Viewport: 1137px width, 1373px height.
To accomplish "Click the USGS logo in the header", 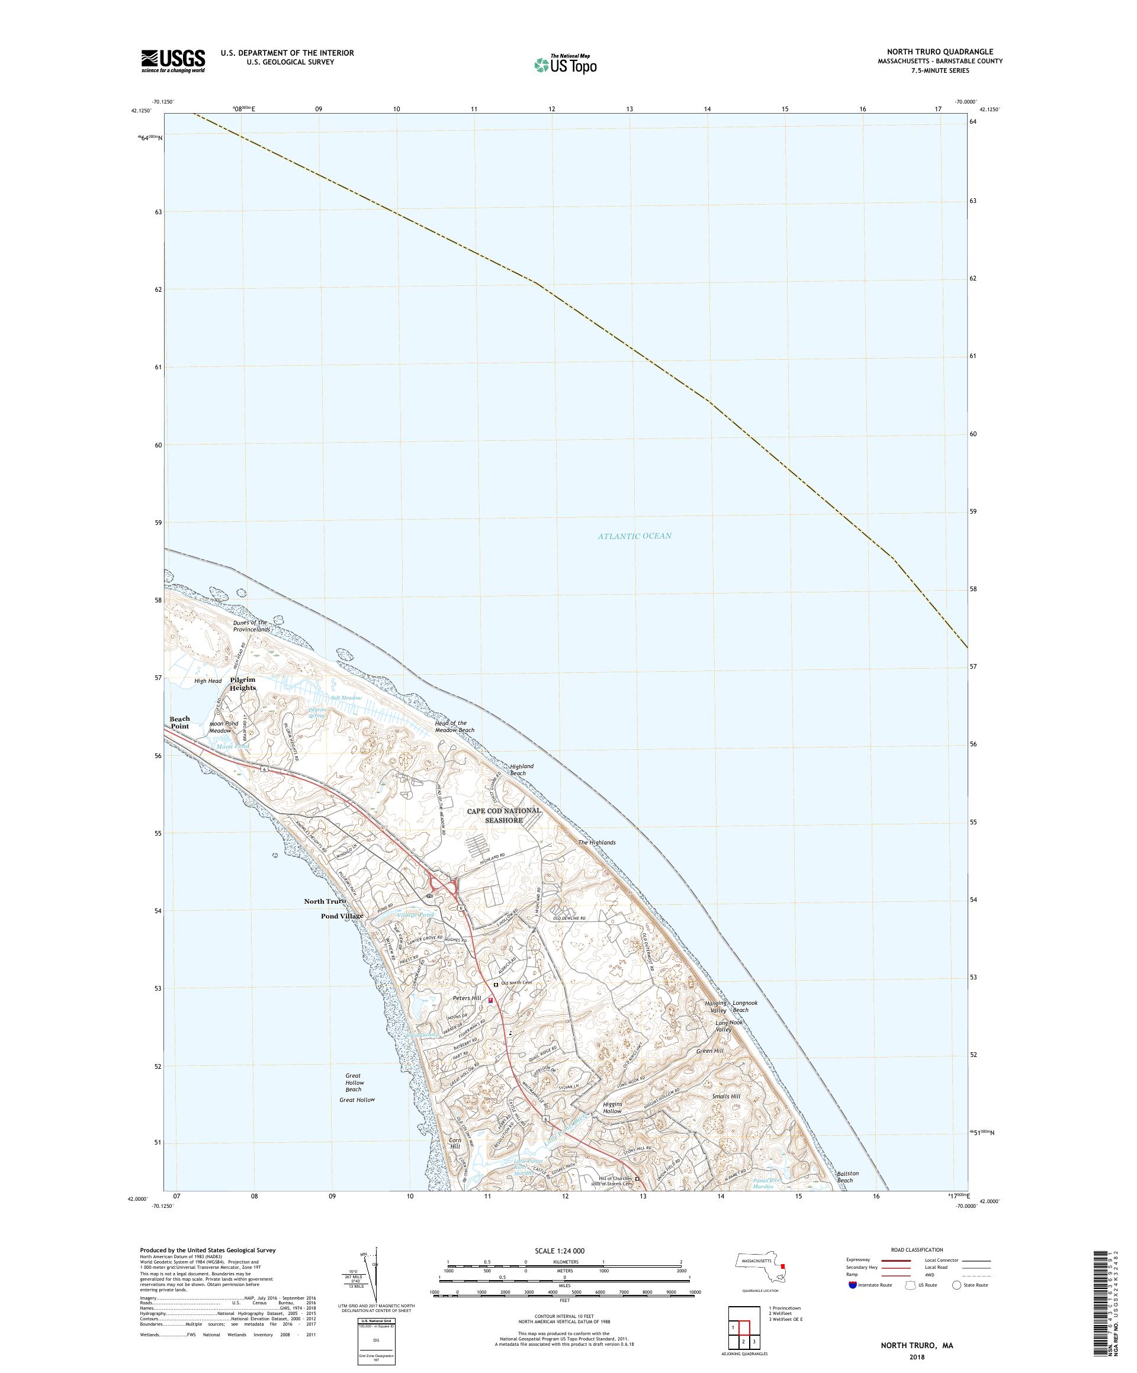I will click(x=174, y=62).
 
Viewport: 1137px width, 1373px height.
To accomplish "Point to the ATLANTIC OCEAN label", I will click(x=634, y=536).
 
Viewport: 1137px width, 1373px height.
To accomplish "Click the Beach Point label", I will click(x=180, y=723).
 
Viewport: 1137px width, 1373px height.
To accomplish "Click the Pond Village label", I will click(x=342, y=916).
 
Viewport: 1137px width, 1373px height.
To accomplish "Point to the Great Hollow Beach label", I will click(x=354, y=1082).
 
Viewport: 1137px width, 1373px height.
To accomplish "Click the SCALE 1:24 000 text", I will click(x=564, y=1250).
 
